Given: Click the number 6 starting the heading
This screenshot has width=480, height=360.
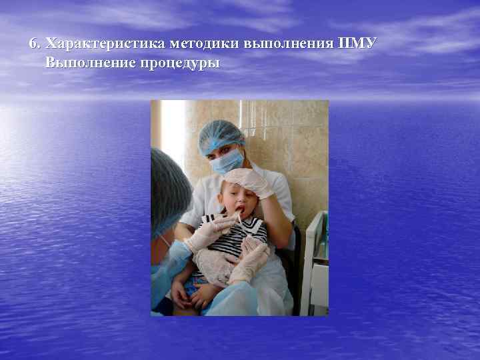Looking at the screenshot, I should pyautogui.click(x=33, y=44).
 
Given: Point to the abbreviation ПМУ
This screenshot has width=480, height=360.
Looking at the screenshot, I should pyautogui.click(x=359, y=44).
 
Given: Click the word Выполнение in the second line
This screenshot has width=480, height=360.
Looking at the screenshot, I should pyautogui.click(x=88, y=63).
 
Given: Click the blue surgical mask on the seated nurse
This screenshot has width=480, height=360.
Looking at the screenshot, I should pyautogui.click(x=226, y=161).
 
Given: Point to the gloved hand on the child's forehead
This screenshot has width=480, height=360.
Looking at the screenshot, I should pyautogui.click(x=250, y=181).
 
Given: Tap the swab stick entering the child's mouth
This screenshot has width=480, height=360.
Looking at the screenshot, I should pyautogui.click(x=237, y=217).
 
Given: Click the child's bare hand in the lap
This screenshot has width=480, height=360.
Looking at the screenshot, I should pyautogui.click(x=181, y=293).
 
